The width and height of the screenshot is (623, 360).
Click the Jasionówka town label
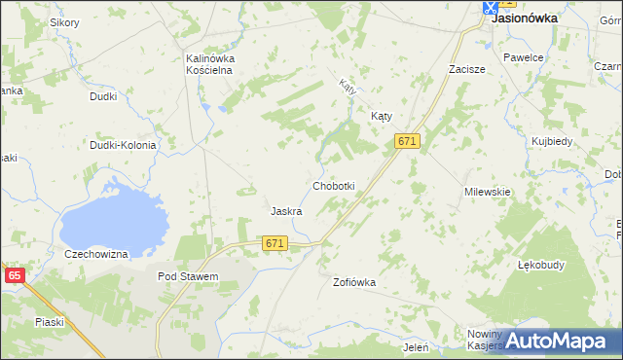click(525, 17)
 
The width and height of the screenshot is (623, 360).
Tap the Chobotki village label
click(333, 185)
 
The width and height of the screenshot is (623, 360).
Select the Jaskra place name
click(286, 210)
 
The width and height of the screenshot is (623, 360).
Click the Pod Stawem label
click(188, 276)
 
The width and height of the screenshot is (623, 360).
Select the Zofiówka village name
click(353, 282)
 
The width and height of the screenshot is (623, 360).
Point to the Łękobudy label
click(542, 264)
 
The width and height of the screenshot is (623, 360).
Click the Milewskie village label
click(488, 192)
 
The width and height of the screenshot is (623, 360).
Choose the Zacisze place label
click(466, 70)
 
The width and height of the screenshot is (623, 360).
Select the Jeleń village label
click(416, 345)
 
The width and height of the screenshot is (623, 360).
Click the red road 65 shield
click(14, 275)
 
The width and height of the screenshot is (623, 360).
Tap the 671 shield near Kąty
click(407, 141)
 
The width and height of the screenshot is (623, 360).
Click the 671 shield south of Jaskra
click(275, 243)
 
